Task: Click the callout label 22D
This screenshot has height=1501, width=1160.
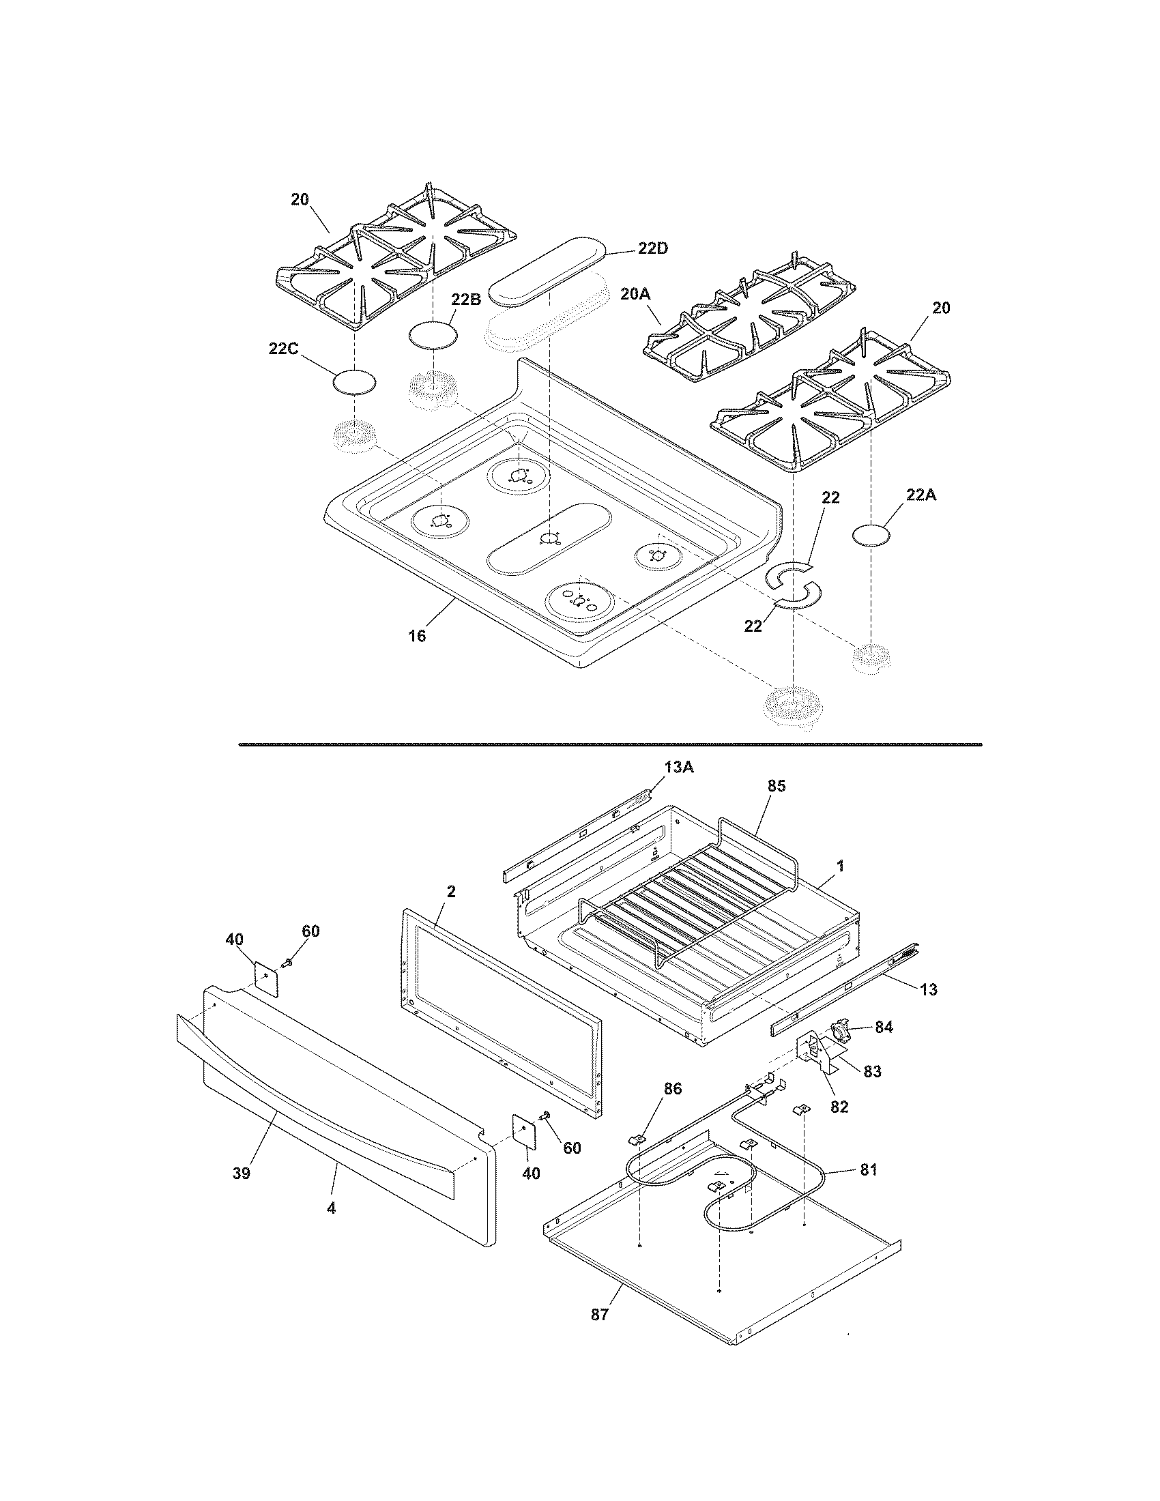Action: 652,249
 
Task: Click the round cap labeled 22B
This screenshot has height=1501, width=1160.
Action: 433,336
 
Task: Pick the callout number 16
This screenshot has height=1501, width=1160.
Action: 417,636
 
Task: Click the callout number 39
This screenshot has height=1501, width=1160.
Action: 240,1174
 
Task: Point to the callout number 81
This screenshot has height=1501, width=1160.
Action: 869,1169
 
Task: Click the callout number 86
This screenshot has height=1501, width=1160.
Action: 673,1089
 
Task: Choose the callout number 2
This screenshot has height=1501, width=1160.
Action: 451,892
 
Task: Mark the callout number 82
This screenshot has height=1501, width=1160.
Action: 839,1107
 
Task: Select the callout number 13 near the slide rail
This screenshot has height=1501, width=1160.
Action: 928,990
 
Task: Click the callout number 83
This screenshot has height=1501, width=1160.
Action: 871,1071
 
